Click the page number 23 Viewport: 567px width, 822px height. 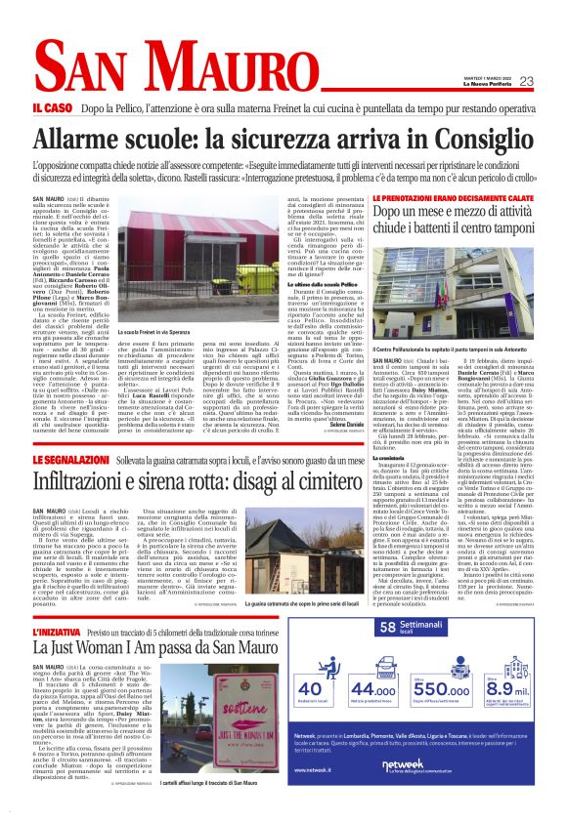click(x=526, y=81)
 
